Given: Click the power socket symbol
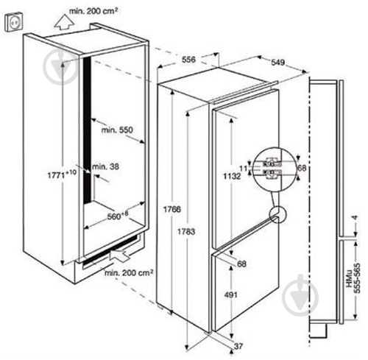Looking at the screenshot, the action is pos(15,23).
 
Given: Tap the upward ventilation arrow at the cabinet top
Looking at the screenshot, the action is pos(64,22).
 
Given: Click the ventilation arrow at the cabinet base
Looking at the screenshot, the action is pos(119,255).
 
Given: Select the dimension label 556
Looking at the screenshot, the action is pos(188,60).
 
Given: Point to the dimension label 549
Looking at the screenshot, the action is pos(278,62).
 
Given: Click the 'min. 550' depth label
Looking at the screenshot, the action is pos(117,130).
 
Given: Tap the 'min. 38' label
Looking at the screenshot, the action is pos(105,167).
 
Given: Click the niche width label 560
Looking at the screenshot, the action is pos(118,216).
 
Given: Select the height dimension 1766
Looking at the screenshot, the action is pos(172,209).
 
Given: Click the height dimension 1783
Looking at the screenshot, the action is pos(186,231).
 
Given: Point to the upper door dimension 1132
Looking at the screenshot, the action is pos(232,176).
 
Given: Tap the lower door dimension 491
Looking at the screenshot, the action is pos(231,294).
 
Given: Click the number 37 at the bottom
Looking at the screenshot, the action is pos(238,346).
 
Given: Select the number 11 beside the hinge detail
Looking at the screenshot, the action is pos(243,169).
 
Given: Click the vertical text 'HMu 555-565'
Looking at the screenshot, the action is pos(353,278).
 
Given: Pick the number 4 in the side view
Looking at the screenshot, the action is pos(354,218).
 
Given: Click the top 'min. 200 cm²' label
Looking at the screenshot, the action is pos(93,11).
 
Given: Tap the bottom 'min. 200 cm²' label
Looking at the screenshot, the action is pos(129,272).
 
